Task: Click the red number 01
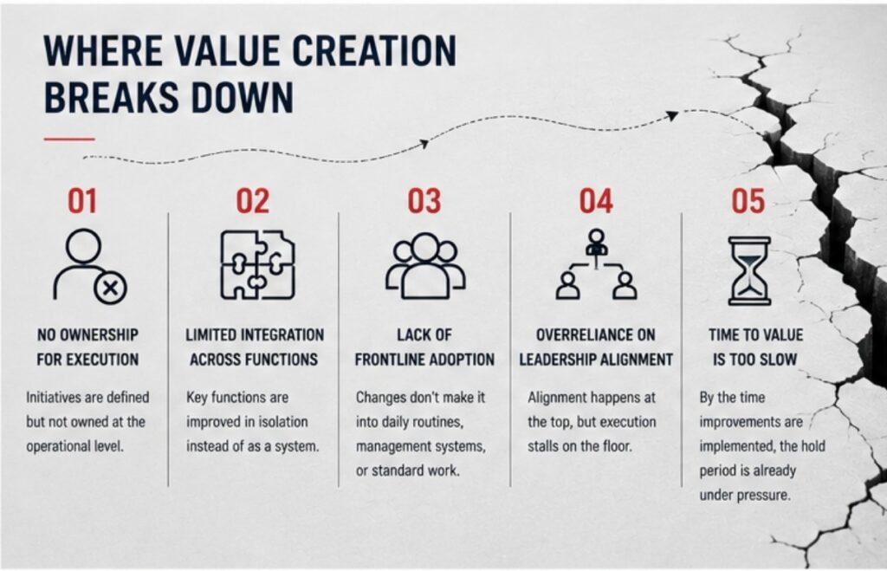point(82,201)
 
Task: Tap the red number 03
point(424,201)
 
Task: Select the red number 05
point(748,201)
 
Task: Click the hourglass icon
point(749,270)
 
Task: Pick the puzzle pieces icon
point(257,264)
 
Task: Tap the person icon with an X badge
point(90,265)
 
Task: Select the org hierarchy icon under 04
point(596,263)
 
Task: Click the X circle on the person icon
point(111,288)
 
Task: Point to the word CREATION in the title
point(374,51)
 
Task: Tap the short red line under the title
point(69,139)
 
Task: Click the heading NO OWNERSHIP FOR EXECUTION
point(87,347)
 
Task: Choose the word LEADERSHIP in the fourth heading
point(560,360)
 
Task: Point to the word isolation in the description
point(279,422)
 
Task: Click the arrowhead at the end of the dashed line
point(671,116)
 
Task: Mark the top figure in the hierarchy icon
point(596,243)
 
